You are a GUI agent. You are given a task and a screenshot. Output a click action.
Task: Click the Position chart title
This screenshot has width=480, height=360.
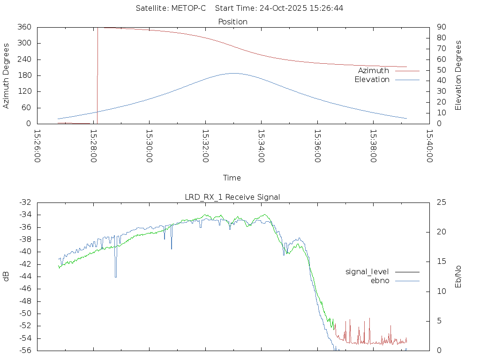pos(233,22)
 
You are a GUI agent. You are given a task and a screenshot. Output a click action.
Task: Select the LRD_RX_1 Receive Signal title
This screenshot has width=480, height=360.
pos(232,197)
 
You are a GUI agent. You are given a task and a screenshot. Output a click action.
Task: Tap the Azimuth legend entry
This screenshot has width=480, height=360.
pos(374,70)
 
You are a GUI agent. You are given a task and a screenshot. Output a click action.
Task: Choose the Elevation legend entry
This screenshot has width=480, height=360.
pos(372,80)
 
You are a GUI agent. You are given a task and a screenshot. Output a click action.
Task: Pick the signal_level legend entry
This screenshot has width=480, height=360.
pos(367,271)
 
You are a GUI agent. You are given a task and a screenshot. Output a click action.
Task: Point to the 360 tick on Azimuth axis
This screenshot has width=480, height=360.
pos(24,27)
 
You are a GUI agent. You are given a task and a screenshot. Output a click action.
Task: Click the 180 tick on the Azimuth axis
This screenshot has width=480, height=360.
pos(24,75)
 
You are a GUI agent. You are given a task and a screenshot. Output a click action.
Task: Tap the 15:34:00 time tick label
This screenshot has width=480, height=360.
pos(261,146)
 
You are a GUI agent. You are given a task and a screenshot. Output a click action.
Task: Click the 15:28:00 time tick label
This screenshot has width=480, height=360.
pos(93,146)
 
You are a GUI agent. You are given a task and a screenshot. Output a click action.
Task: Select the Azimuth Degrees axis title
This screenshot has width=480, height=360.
pos(6,75)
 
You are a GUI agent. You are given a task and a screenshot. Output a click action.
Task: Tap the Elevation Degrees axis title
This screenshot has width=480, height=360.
pos(458,75)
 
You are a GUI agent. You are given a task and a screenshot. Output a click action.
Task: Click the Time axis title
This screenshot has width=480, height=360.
pos(232,178)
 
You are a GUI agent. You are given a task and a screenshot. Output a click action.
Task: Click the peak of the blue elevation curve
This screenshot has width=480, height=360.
pos(233,73)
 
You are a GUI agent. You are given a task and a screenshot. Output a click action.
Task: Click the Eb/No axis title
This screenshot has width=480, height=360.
pos(458,277)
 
